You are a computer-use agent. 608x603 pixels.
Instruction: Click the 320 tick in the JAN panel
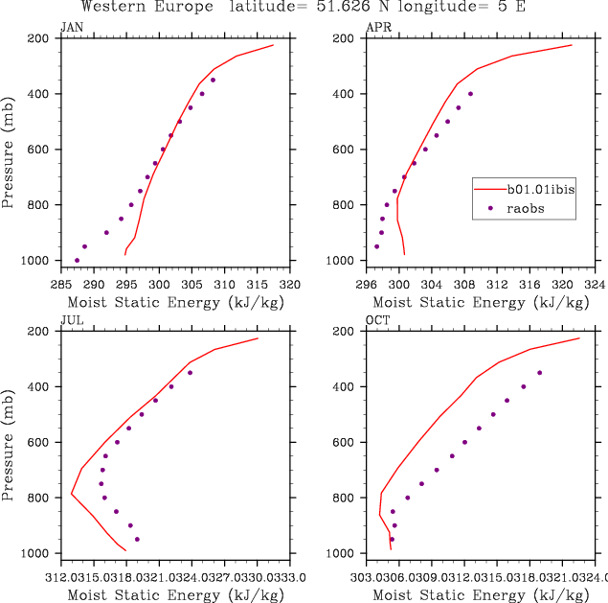pyautogui.click(x=291, y=285)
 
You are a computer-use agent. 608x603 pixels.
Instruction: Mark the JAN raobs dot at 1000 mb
pyautogui.click(x=77, y=260)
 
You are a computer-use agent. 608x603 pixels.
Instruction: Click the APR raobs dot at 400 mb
pyautogui.click(x=470, y=94)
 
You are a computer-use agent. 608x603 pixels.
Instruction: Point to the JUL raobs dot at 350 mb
pyautogui.click(x=190, y=373)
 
